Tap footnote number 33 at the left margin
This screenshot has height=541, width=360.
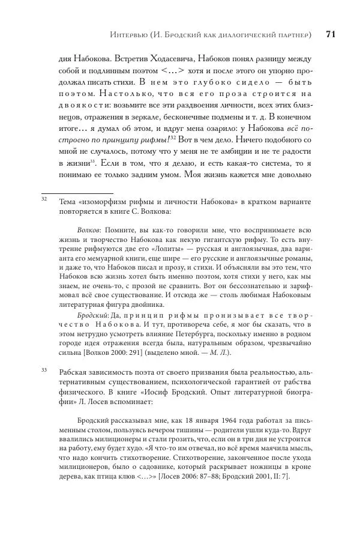44,370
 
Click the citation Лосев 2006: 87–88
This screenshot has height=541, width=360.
205,476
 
